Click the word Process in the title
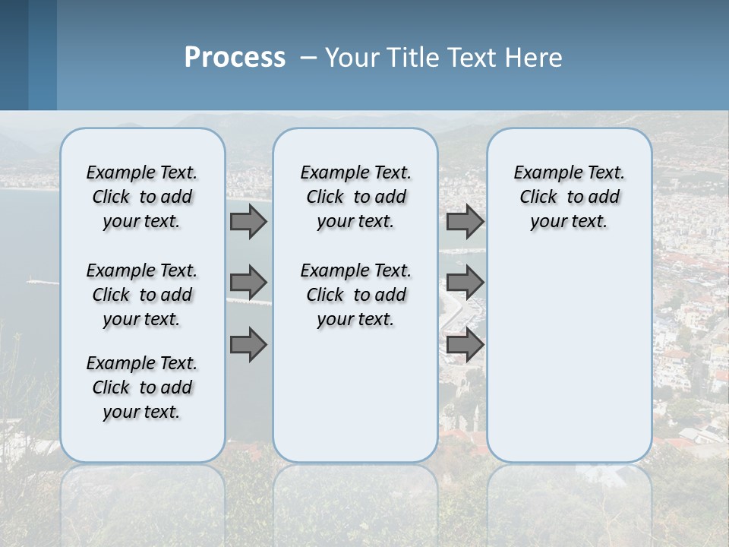tap(235, 58)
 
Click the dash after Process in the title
tap(308, 58)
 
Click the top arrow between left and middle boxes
tap(248, 221)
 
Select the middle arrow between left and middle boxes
tap(248, 283)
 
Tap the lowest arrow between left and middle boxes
tap(248, 344)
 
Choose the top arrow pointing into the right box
tap(465, 221)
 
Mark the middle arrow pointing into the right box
tap(465, 283)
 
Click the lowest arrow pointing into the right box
tap(465, 344)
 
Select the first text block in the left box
tap(142, 197)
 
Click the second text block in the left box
tap(142, 295)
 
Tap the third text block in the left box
tap(142, 387)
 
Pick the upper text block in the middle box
tap(355, 197)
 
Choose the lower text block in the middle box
tap(355, 295)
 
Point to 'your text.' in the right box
tap(569, 222)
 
